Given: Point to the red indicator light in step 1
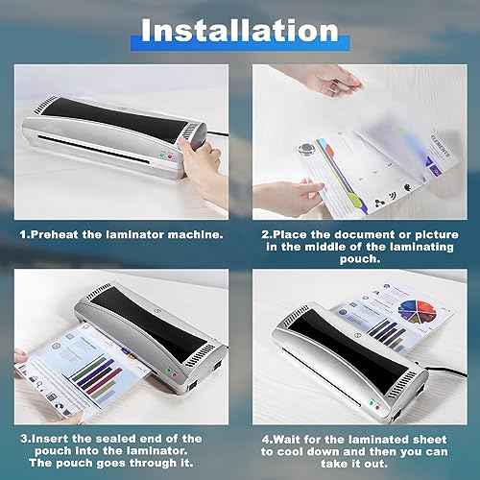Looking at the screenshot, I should pos(163,156).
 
